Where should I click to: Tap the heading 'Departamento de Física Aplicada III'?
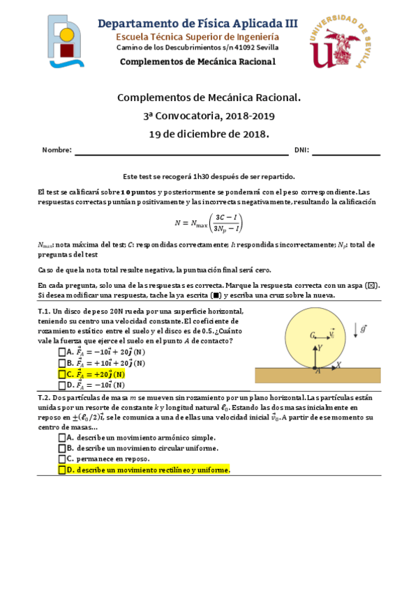pos(197,23)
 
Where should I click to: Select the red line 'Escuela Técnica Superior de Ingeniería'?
pos(197,36)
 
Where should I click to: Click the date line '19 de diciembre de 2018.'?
pos(209,134)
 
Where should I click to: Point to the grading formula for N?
pos(209,224)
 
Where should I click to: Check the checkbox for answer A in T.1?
pos(62,353)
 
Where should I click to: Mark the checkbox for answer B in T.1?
pos(62,363)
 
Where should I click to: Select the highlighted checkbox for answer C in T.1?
pos(62,374)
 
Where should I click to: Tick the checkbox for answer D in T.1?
pos(62,385)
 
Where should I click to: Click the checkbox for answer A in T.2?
pos(62,437)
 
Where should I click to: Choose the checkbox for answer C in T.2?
pos(62,459)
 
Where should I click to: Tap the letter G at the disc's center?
pos(313,335)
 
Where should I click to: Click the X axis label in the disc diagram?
pos(339,364)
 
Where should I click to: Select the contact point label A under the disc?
pos(318,372)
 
